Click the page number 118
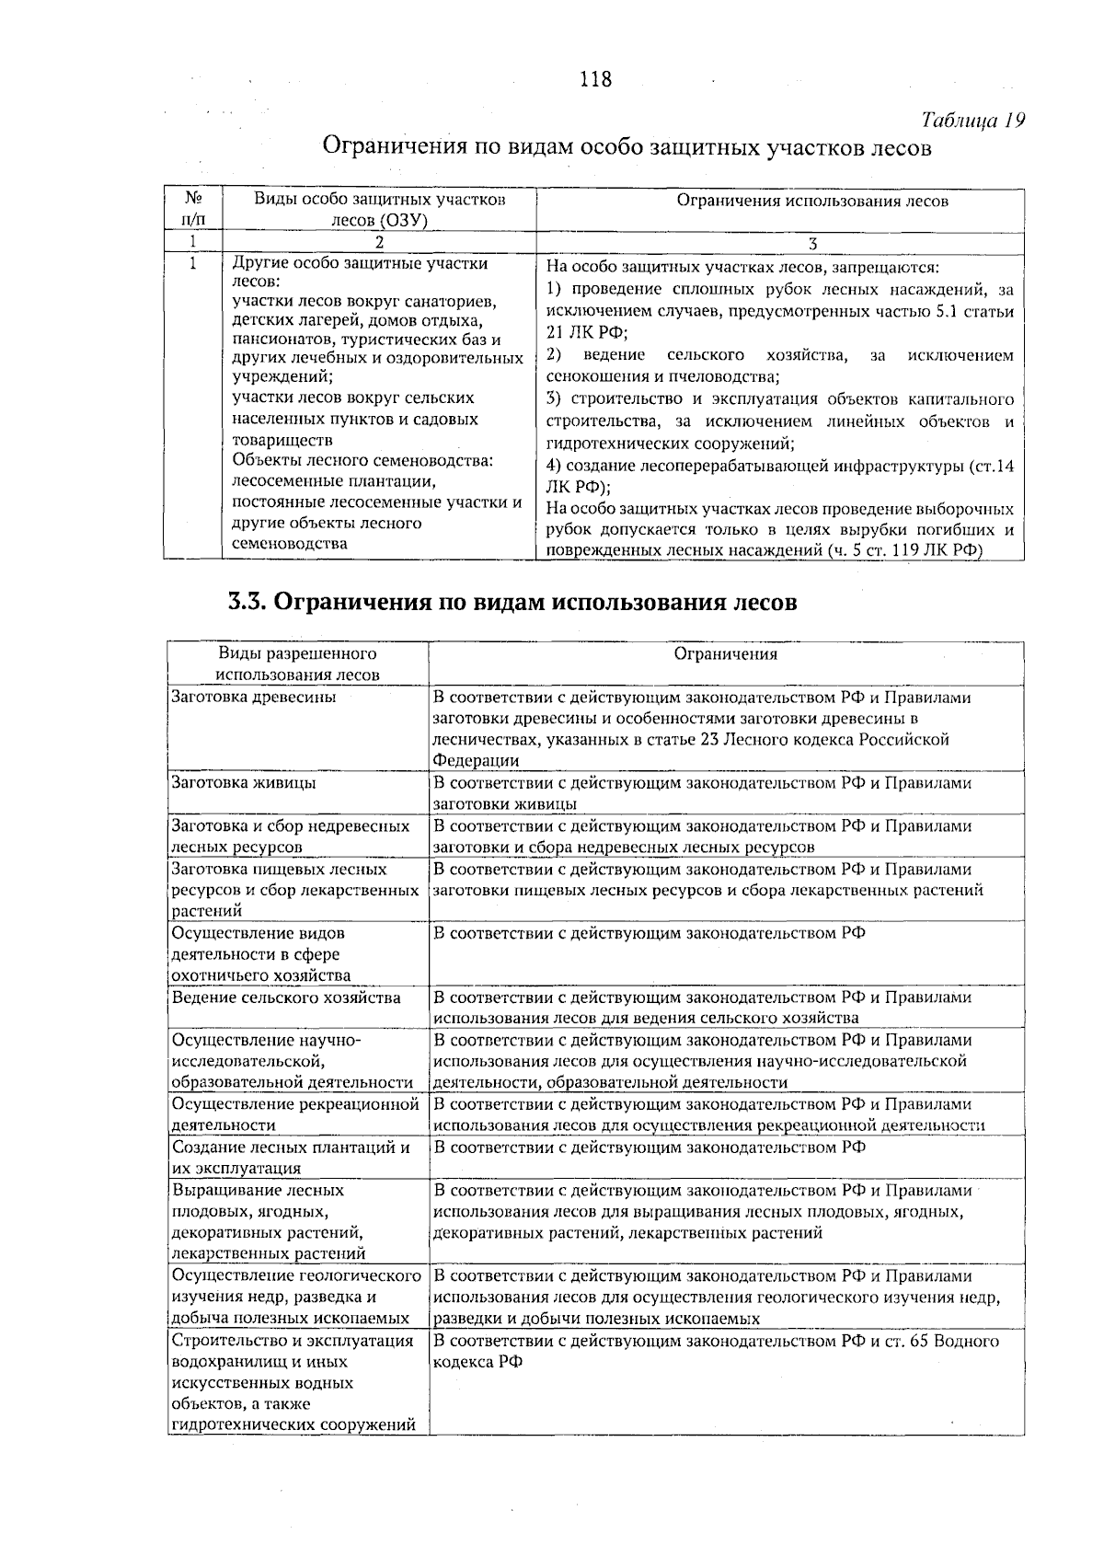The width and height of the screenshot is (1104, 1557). (595, 79)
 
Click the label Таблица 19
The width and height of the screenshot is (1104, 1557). (972, 121)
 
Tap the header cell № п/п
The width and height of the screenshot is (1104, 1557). (193, 210)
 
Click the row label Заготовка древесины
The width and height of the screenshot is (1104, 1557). (254, 697)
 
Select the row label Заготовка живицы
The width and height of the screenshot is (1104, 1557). (245, 782)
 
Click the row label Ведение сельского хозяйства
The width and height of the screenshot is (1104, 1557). (286, 997)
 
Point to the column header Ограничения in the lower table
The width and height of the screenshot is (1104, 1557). (725, 654)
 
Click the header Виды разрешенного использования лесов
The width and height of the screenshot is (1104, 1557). (297, 664)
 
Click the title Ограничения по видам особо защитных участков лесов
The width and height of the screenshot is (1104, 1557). (626, 147)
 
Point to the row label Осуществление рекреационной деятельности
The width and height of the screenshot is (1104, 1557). (294, 1113)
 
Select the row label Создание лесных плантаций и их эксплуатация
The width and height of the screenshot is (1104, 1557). (290, 1157)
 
